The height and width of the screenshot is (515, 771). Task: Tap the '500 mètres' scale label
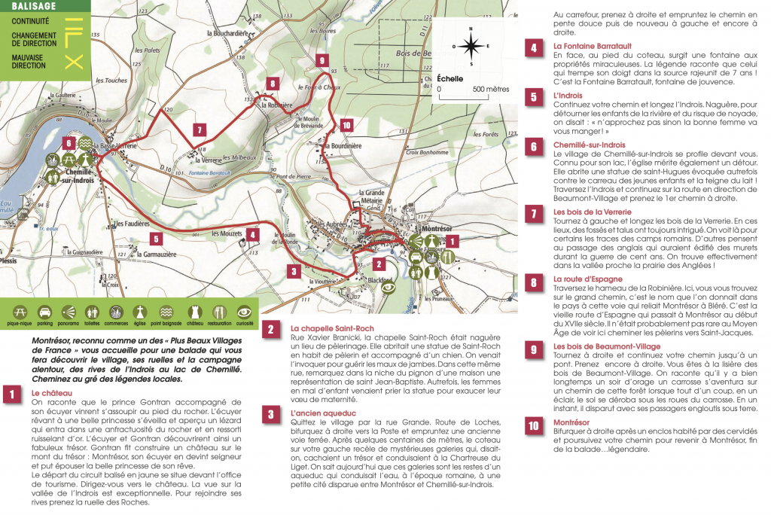point(491,89)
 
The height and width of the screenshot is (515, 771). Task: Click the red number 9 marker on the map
point(322,60)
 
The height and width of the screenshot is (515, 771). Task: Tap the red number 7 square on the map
point(199,130)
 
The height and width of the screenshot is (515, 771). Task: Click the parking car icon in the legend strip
point(44,312)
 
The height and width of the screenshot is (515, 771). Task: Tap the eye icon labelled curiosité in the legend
point(245,312)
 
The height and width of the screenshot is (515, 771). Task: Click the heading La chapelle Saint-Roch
point(332,328)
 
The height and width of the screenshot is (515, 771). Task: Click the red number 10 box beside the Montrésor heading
point(533,426)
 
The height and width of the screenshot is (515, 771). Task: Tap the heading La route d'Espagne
point(586,279)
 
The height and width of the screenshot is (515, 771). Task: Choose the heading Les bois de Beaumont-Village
point(607,346)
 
